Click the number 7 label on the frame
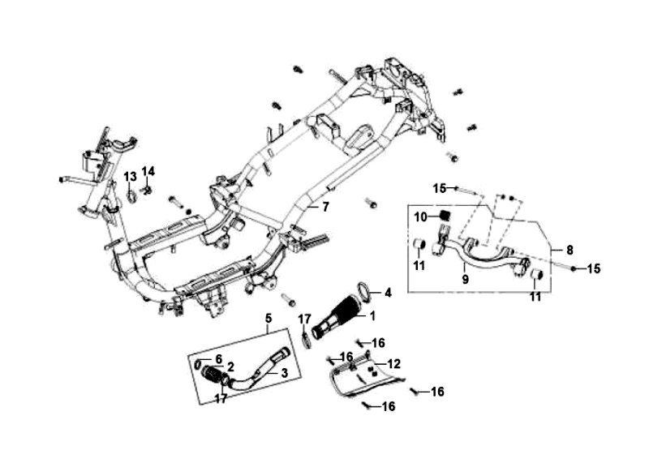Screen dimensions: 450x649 pos(325,207)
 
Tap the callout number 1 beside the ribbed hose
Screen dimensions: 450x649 pos(372,315)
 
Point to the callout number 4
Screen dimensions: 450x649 pos(388,292)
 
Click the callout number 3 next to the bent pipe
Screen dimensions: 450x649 pos(284,373)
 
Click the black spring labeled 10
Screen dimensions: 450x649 pos(445,216)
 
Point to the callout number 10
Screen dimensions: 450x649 pos(420,216)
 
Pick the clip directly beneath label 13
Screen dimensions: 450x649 pos(131,195)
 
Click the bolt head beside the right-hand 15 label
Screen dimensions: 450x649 pos(573,268)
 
